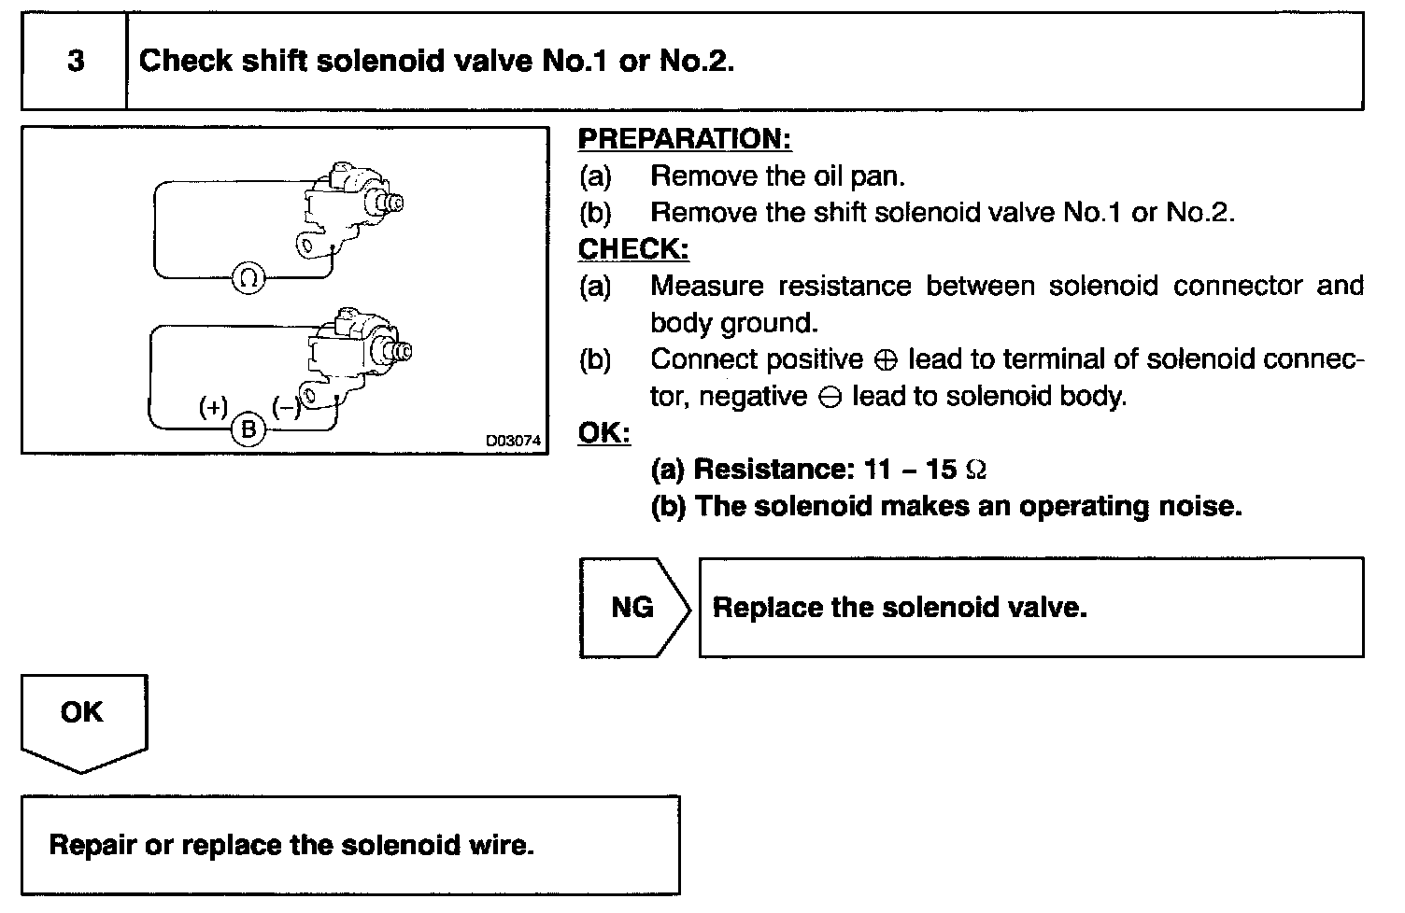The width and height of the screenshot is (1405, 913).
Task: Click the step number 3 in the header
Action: coord(76,62)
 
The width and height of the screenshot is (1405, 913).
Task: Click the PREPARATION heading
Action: coord(684,139)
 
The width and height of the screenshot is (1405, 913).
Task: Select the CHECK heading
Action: coord(633,249)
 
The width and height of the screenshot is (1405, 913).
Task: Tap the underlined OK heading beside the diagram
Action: coord(603,432)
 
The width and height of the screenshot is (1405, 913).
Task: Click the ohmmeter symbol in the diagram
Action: coord(248,277)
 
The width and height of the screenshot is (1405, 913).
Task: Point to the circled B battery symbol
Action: coord(248,429)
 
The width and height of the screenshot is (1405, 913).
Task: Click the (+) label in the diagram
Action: coord(213,407)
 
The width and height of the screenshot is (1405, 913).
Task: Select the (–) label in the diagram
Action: coord(285,406)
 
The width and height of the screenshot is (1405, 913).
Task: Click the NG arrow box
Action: coord(633,608)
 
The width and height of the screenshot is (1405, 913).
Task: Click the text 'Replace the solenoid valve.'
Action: coord(900,608)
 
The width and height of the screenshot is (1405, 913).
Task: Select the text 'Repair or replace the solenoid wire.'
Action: coord(291,846)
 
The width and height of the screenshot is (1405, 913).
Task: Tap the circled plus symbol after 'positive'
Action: coord(887,360)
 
